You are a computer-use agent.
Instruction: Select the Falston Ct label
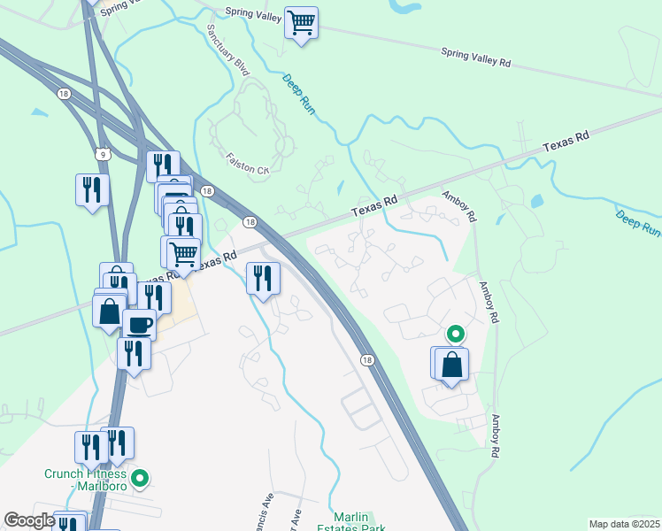pos(248,169)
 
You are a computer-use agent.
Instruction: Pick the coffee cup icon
pos(139,324)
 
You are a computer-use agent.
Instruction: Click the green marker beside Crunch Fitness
pos(139,480)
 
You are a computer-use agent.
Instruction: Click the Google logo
pos(29,520)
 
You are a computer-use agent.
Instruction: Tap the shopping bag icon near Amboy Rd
pos(451,364)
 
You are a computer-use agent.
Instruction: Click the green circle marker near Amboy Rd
pos(455,334)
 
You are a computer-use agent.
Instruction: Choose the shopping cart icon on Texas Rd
pos(183,253)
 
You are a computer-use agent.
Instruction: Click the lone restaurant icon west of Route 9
pos(92,189)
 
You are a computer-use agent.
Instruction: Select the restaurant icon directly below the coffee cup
pos(134,353)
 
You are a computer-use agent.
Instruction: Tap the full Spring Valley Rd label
pos(475,58)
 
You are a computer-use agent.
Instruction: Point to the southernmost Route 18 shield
pos(366,359)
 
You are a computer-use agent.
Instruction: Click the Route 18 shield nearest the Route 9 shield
pos(63,93)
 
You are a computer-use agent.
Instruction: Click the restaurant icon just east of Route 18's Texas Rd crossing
pos(263,279)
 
